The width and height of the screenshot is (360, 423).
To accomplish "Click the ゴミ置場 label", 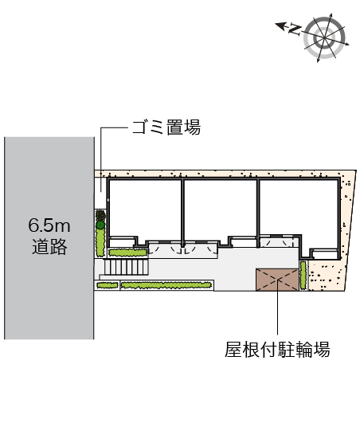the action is point(166,127).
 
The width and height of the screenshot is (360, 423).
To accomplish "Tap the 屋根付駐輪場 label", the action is point(277,350).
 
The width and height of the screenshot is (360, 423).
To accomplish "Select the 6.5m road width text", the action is point(49,225).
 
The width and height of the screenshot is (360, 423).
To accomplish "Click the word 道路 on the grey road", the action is point(49,247).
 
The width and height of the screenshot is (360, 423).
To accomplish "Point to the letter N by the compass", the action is point(295,29).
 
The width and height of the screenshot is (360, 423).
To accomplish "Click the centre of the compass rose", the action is point(324,37).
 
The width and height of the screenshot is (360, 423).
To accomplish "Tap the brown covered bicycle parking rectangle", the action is point(277,280).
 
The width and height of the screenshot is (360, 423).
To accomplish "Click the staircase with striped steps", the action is point(127,267).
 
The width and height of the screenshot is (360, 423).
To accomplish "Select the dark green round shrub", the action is point(100,225).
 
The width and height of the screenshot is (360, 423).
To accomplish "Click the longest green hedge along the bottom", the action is point(166,285).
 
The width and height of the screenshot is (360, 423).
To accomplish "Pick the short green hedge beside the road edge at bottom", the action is point(108,285).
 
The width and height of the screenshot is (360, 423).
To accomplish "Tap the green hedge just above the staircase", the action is point(127,253).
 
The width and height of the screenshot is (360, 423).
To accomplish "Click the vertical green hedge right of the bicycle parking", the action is point(303,275).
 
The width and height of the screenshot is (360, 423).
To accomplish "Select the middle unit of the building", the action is point(221,210).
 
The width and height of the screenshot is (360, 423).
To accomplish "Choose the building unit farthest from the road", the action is point(299,213).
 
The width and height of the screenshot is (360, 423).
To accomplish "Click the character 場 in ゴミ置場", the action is point(193,127).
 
